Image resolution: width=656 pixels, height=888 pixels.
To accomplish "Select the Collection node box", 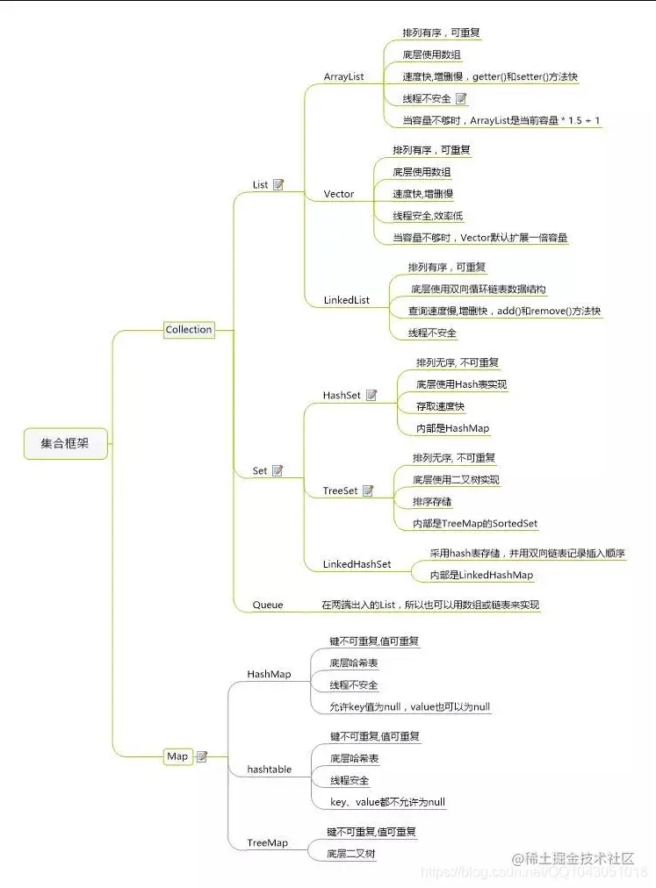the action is pos(189,330).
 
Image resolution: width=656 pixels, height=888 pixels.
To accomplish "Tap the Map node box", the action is pos(177,756).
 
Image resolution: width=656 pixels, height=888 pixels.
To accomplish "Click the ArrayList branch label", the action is pos(343,77).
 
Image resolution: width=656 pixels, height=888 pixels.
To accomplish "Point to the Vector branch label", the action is pos(338,194).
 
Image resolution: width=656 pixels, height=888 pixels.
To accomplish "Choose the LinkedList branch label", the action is pos(346,300).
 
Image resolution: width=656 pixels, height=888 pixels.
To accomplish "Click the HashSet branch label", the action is pos(342,396).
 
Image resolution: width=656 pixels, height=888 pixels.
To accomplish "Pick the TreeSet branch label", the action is pos(340,491).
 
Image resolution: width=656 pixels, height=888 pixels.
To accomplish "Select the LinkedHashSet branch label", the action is pos(357,564).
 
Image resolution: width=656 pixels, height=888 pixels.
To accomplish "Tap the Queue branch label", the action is pos(268,605).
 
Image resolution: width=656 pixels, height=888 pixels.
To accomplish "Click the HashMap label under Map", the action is pos(269,675).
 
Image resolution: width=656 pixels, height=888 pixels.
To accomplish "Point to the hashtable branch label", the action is pos(269,770).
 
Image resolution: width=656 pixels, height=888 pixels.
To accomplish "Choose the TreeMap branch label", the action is pos(267,842).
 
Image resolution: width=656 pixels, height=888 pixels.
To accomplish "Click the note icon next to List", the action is pos(278,185).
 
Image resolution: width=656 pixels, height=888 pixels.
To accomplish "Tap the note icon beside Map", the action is pos(202,756).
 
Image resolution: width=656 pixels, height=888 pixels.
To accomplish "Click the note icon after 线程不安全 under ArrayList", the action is pos(461,99).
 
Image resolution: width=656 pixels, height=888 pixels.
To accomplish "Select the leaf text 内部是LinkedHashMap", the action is pos(481,576).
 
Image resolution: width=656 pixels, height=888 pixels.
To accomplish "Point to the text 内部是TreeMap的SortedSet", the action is pos(475,524).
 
